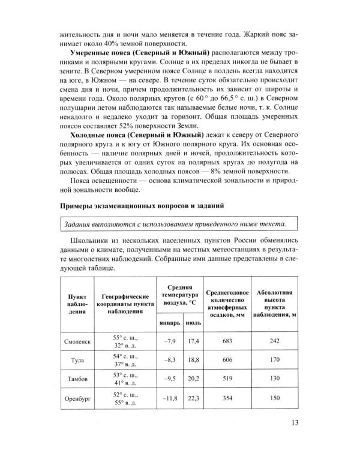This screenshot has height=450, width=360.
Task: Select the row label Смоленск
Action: coord(77,341)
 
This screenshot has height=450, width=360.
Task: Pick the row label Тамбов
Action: coord(77,379)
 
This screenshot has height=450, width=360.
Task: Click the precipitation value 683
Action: coord(226,341)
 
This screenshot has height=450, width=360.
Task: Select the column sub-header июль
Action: coord(193,322)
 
